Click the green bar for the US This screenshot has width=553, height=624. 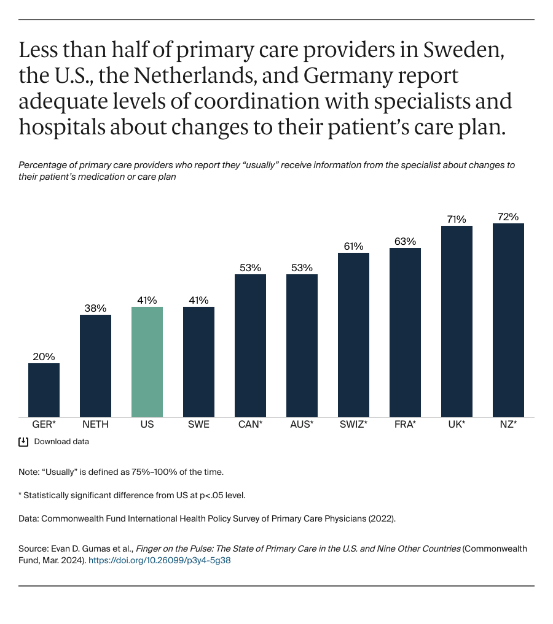tap(147, 362)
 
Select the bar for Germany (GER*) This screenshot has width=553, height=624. tap(44, 390)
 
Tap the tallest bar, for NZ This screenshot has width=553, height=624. tap(508, 320)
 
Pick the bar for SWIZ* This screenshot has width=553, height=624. tap(353, 335)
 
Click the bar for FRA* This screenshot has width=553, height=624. tap(405, 333)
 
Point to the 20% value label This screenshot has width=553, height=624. tap(44, 356)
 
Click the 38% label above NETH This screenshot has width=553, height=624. tap(96, 308)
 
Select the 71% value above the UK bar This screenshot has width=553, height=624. tap(457, 219)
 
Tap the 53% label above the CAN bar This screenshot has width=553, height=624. tap(250, 268)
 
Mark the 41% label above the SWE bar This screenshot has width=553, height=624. tap(198, 300)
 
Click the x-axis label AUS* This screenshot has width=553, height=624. tap(302, 424)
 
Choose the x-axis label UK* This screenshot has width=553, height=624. tap(457, 424)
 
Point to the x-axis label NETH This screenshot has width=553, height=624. tap(96, 424)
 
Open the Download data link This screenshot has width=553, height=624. tap(61, 442)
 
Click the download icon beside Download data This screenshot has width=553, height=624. tap(24, 442)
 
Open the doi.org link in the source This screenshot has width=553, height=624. tap(160, 560)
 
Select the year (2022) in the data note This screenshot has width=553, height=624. tap(381, 518)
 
